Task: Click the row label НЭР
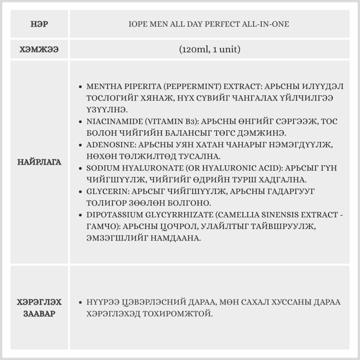pyautogui.click(x=40, y=25)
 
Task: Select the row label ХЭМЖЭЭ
pyautogui.click(x=40, y=50)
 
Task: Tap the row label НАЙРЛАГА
pyautogui.click(x=40, y=162)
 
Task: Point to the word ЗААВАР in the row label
pyautogui.click(x=40, y=314)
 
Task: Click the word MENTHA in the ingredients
pyautogui.click(x=102, y=87)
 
